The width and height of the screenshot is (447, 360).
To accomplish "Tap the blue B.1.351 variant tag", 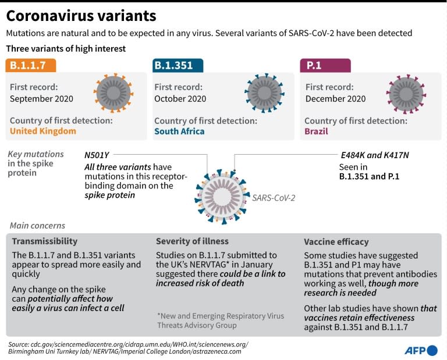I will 178,65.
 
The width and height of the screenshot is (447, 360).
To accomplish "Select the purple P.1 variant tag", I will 325,65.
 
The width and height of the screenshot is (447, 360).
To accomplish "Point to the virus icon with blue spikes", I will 264,93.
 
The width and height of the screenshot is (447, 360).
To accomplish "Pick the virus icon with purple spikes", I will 405,93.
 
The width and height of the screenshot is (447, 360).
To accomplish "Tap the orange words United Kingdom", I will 43,131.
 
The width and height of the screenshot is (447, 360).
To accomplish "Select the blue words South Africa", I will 179,131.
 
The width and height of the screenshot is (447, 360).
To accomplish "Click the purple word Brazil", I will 316,131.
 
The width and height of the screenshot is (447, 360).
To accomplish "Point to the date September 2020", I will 41,99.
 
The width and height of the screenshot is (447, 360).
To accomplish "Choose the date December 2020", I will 336,99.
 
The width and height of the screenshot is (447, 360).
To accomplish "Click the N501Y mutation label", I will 97,155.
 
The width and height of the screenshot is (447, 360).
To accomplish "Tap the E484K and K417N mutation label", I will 375,155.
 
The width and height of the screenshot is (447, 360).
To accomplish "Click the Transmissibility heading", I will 45,241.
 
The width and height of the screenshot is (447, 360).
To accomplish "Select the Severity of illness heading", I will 192,241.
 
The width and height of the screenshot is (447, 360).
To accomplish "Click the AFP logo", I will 420,350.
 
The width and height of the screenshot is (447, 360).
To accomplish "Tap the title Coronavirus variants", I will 81,16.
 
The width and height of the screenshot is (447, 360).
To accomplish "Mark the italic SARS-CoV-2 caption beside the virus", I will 274,198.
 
